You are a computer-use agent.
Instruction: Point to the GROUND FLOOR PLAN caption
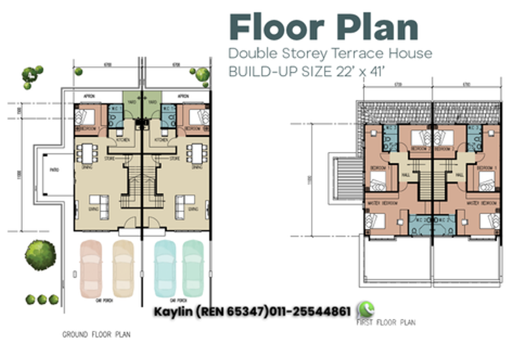click(96, 335)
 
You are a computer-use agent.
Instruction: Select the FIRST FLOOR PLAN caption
click(387, 323)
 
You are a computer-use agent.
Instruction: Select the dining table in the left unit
click(85, 154)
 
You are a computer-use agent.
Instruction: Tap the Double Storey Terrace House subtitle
click(330, 53)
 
